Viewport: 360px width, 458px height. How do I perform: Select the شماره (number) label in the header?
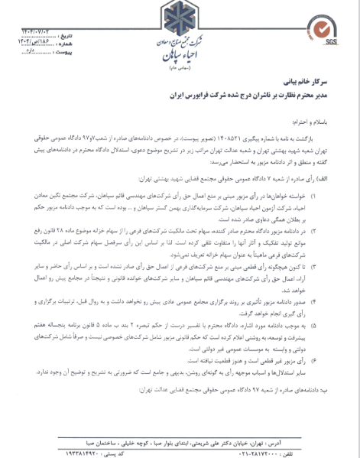click(66, 45)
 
